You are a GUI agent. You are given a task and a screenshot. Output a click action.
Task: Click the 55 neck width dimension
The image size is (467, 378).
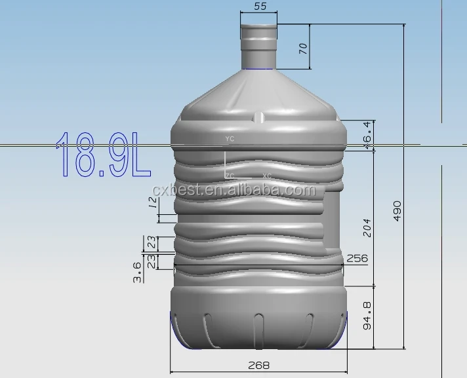coord(259,7)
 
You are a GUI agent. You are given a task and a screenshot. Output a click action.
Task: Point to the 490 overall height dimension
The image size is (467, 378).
coord(397,210)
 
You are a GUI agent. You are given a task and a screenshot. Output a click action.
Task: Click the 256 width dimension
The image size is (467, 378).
coord(357,259)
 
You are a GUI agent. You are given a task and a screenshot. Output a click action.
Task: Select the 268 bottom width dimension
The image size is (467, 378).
coord(258,365)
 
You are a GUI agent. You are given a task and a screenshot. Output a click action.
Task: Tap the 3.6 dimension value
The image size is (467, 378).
coord(137,272)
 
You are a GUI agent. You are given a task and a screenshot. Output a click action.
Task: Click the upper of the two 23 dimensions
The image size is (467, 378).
coord(152,243)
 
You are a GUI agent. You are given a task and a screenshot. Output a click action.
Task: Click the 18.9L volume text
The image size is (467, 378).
coord(103,155)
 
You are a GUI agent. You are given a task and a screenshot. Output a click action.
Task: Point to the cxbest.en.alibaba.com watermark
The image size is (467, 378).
coord(233,190)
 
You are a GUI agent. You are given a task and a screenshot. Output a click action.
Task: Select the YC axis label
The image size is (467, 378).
coord(230,140)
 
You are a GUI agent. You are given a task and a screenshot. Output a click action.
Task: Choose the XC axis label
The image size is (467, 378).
coord(267,176)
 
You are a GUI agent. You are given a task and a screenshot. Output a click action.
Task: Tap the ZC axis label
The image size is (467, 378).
coord(230,176)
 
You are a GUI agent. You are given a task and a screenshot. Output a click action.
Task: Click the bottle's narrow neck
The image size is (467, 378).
coord(259,46)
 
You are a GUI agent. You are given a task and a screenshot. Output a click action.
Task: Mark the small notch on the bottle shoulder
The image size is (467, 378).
coord(259,118)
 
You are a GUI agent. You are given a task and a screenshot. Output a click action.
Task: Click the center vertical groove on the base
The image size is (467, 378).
coord(258,328)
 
